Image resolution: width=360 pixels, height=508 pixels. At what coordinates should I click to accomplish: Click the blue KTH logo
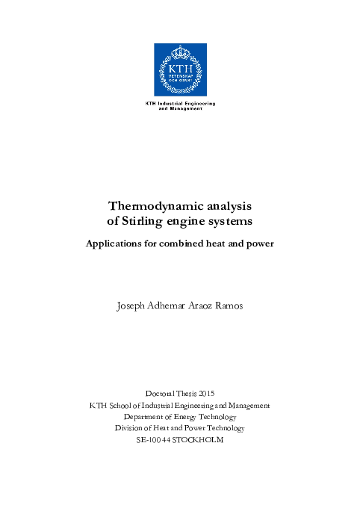[x=180, y=69]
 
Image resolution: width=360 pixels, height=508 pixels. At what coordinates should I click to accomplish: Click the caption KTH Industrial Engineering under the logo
[x=180, y=102]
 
